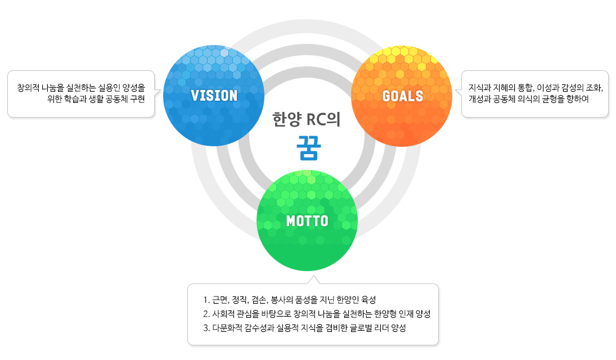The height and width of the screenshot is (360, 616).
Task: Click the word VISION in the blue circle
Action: tap(214, 96)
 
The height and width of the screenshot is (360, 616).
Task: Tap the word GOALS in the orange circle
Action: tap(403, 96)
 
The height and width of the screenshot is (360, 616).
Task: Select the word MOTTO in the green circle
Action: tap(307, 221)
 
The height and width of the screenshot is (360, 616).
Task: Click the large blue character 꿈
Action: tap(309, 148)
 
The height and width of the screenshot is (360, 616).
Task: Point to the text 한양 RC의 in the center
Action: tap(307, 119)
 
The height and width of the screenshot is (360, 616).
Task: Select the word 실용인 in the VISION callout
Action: tap(109, 87)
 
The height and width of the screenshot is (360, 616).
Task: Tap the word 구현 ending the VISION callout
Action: tap(137, 98)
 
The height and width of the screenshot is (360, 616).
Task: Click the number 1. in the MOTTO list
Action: tap(206, 300)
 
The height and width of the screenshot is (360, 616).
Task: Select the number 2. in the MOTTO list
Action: tap(206, 314)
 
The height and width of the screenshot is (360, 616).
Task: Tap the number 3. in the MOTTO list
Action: tap(206, 328)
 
